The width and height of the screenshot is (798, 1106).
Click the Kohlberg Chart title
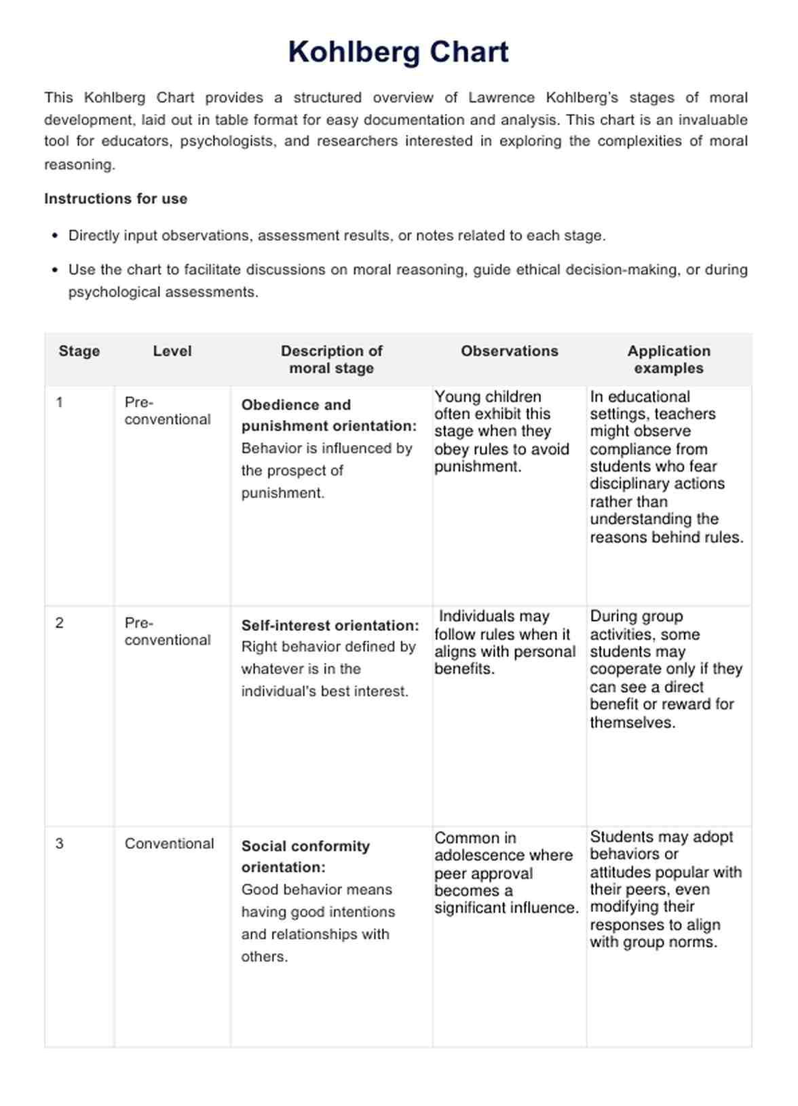(x=398, y=52)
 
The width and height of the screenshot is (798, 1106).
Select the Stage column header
(x=79, y=351)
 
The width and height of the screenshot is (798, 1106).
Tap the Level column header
(x=172, y=351)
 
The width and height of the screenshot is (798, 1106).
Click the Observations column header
(x=510, y=351)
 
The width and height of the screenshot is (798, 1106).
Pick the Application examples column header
(x=668, y=360)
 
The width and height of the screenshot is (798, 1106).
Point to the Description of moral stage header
(x=331, y=360)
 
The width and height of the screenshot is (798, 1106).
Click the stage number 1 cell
(x=60, y=402)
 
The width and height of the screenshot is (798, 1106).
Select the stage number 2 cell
(x=60, y=623)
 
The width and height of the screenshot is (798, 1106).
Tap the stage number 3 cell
(x=60, y=843)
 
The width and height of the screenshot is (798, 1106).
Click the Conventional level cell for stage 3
(x=169, y=843)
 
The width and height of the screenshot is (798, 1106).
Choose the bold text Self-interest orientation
(x=330, y=626)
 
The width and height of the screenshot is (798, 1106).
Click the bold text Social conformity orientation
(x=305, y=856)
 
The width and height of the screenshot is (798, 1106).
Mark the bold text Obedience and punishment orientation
(x=329, y=415)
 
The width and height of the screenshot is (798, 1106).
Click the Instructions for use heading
(x=116, y=199)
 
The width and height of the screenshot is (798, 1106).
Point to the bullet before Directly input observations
(x=55, y=236)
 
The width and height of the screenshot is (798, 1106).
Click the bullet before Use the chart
(x=55, y=270)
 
